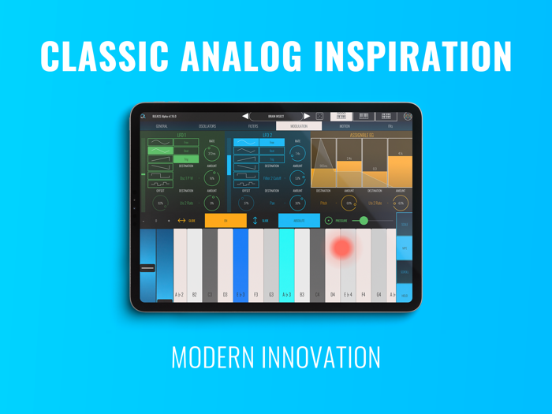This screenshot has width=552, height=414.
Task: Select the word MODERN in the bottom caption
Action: click(214, 356)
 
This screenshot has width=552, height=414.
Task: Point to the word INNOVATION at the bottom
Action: click(324, 356)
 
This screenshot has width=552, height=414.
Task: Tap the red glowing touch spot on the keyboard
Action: click(341, 248)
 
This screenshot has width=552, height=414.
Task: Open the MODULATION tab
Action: click(299, 126)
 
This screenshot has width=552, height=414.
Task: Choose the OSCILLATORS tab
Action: click(207, 126)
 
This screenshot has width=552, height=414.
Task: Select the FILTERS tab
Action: click(253, 126)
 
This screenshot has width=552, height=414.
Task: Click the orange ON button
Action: click(226, 221)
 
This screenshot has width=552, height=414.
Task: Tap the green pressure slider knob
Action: click(364, 221)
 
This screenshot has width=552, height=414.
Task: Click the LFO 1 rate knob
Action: click(211, 153)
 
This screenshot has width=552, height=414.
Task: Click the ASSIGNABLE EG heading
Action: click(361, 135)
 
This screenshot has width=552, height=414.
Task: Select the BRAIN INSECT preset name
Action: click(276, 116)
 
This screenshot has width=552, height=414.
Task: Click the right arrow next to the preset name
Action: click(308, 116)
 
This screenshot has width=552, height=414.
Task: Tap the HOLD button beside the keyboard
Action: click(405, 296)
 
